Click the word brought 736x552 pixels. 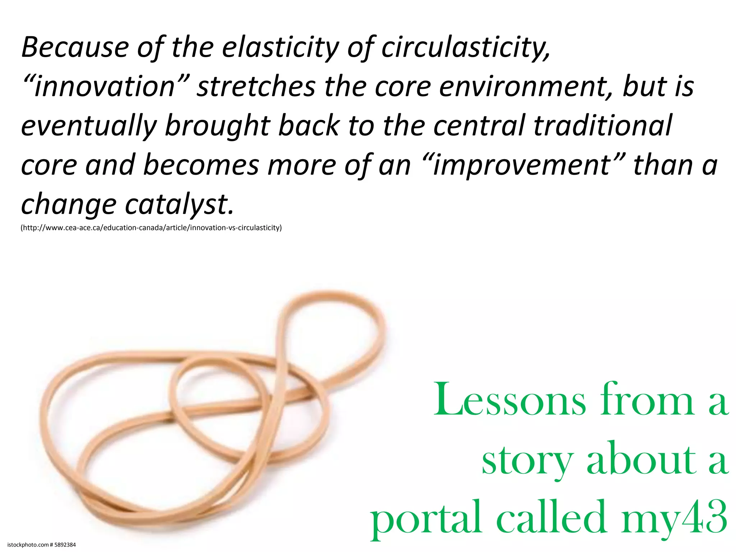[x=217, y=126]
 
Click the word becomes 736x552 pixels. [x=201, y=165]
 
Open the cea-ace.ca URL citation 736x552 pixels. [x=151, y=228]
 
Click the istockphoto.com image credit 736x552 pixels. [x=42, y=545]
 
